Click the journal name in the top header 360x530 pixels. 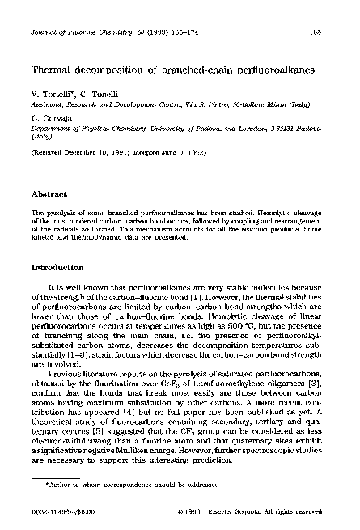click(69, 10)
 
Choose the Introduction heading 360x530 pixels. click(60, 266)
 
